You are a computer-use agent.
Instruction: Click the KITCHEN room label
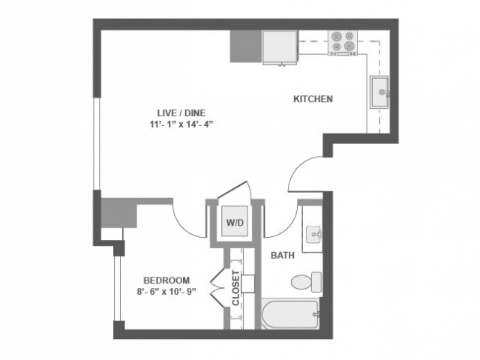tap(313, 99)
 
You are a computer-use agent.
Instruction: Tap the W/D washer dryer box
tap(235, 222)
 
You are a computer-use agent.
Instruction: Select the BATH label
tap(282, 256)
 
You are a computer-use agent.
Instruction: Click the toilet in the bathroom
tap(307, 282)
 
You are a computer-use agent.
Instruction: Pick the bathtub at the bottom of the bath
tap(291, 315)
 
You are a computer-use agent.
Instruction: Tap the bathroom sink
tap(313, 236)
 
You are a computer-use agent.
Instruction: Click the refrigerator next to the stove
tap(279, 46)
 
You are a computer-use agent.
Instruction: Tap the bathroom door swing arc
tap(279, 223)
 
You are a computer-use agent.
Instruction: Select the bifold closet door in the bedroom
tap(217, 288)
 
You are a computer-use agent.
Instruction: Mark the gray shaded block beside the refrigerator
tap(245, 46)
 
